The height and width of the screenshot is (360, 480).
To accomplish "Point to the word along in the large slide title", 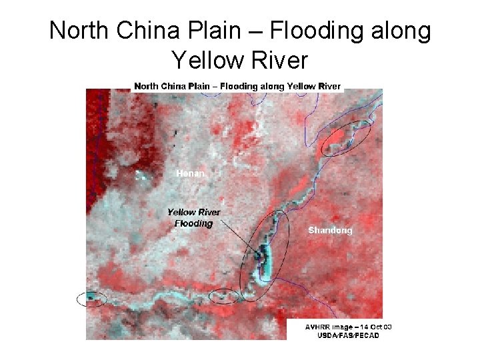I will click(397, 31).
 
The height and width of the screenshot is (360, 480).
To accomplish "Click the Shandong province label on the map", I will click(330, 231).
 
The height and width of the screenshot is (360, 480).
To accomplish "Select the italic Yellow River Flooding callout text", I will click(193, 218).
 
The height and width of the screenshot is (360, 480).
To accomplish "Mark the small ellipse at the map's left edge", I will click(91, 299).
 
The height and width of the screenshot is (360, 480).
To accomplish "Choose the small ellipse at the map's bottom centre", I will click(224, 295).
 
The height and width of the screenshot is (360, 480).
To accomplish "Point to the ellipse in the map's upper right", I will click(346, 138).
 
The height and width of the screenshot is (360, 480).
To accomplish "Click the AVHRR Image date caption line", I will click(348, 327).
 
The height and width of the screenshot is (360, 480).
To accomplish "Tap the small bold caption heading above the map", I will click(237, 86).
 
